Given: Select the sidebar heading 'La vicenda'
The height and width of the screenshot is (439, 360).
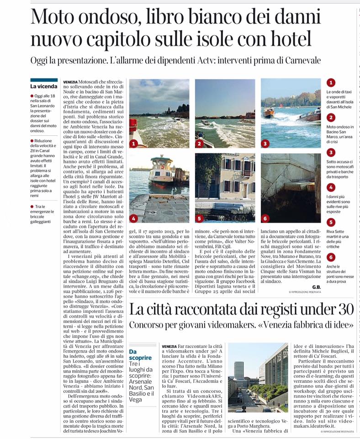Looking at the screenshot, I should [44, 86].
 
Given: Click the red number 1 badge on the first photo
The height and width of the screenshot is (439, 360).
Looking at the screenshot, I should [133, 144].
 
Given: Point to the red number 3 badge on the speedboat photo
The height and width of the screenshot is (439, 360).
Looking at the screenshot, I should [265, 144].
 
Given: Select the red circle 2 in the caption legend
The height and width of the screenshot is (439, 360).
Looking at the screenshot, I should [331, 117].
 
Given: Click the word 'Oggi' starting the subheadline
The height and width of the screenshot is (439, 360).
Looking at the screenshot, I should [41, 61].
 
